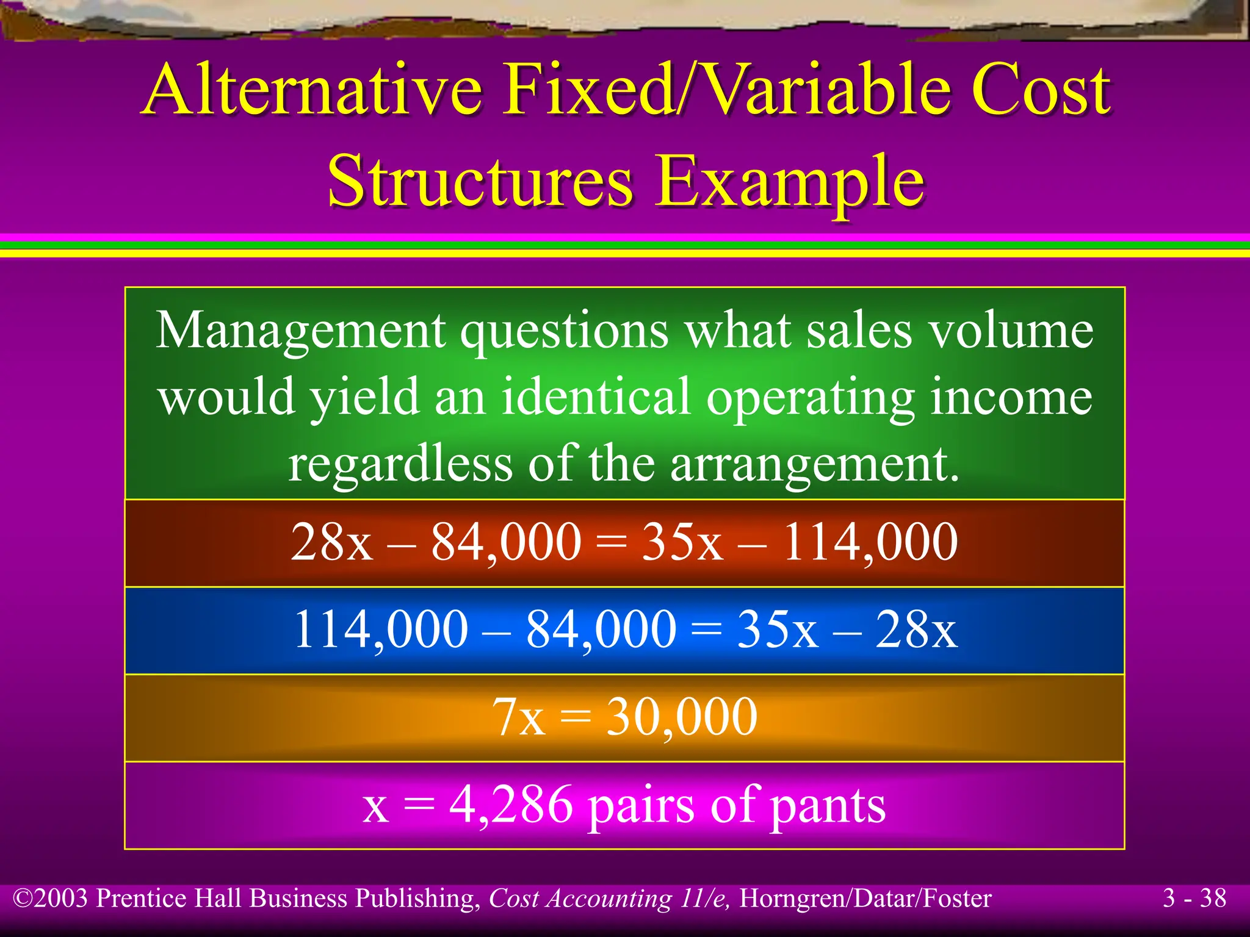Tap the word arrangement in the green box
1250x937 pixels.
coord(815,464)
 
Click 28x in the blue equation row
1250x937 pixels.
coord(916,630)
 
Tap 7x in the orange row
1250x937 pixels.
coord(518,717)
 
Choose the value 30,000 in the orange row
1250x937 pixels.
coord(682,717)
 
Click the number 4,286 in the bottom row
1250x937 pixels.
coord(511,805)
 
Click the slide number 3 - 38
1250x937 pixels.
coord(1194,898)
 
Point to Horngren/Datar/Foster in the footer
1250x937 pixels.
coord(865,899)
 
